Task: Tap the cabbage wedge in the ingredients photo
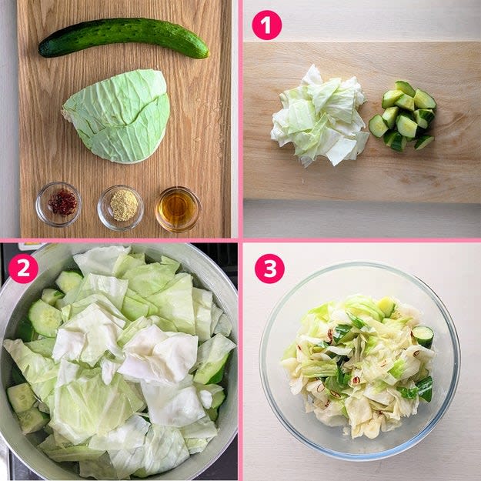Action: click(118, 116)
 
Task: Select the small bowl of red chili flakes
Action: click(58, 204)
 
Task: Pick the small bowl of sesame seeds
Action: click(121, 208)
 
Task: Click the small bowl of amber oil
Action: click(178, 209)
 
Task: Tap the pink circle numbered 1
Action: click(267, 25)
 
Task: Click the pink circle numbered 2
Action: click(23, 269)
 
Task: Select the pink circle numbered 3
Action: click(269, 269)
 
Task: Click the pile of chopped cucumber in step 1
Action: click(403, 115)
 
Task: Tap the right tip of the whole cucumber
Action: click(208, 53)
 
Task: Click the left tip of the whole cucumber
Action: click(39, 51)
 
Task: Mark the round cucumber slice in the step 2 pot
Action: click(45, 318)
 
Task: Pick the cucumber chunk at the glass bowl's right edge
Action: click(423, 336)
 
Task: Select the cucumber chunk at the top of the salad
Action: click(386, 306)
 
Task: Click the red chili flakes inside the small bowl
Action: click(62, 202)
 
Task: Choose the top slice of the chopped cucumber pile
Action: click(405, 88)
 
